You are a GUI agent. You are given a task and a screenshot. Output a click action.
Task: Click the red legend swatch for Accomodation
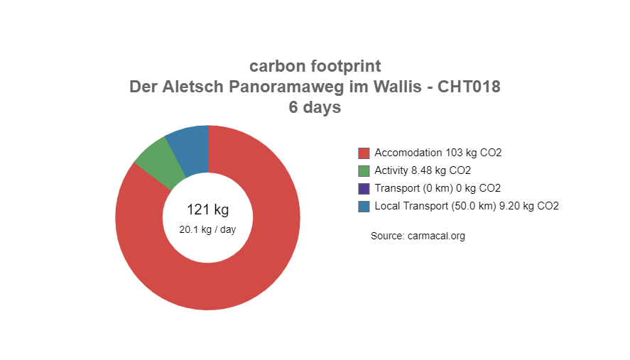pos(364,153)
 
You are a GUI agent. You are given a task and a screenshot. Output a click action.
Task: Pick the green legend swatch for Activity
pos(364,170)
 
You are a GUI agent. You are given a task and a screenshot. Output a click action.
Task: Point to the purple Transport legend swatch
pos(364,188)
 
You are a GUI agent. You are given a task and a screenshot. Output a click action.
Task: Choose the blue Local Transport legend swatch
pos(364,206)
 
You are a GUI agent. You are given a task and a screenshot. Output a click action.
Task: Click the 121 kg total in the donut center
pos(207,209)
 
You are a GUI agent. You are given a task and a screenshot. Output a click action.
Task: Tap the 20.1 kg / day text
pos(207,229)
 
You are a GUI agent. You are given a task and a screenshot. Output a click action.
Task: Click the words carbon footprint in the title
pos(315,66)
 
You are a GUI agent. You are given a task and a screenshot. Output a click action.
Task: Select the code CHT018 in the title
pos(469,87)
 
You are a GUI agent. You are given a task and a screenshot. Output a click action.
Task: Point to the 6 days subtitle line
pos(315,107)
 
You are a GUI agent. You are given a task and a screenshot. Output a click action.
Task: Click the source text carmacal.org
pos(436,236)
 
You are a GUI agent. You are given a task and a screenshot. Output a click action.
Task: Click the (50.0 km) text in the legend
pos(474,206)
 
